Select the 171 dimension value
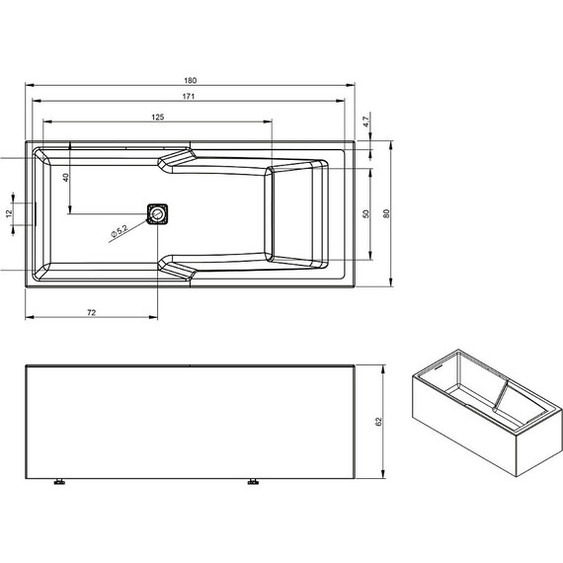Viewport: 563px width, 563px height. coord(188,96)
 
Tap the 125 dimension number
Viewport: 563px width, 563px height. coord(157,117)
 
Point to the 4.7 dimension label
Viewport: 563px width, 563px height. coord(364,121)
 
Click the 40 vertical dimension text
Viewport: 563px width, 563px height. coord(65,178)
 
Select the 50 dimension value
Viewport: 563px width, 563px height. coord(365,213)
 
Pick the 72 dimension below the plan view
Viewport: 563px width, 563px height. coord(91,311)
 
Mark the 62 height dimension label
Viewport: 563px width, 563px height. coord(378,422)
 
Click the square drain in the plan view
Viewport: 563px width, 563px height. coord(157,213)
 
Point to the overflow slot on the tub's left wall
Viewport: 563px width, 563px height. coord(36,213)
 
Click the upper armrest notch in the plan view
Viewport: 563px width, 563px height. coord(178,158)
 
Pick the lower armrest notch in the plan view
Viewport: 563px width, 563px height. coord(178,268)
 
